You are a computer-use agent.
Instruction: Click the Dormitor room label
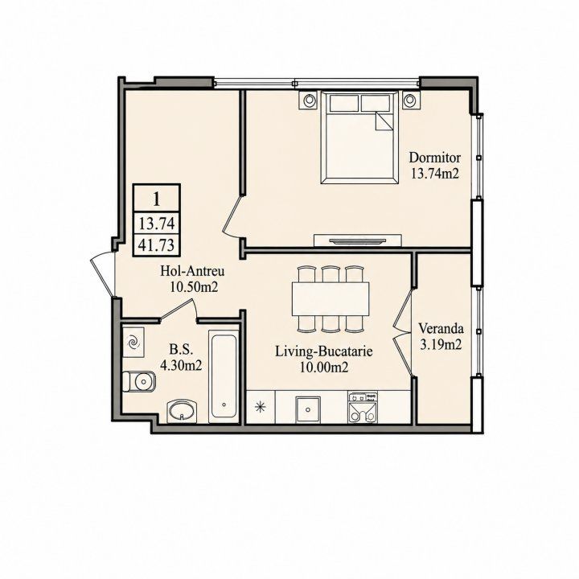tap(434, 158)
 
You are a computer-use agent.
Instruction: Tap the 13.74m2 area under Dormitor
tap(435, 173)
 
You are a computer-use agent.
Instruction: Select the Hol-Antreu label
tap(192, 272)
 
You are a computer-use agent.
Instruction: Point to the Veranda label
tap(441, 328)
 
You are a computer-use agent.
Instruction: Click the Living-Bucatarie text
tap(324, 351)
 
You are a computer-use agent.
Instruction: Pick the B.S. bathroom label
tap(181, 349)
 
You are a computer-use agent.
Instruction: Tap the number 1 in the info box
tap(157, 199)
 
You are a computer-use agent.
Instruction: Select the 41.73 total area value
tap(157, 244)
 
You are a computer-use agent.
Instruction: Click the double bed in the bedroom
tap(359, 137)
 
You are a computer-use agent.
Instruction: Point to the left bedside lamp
tap(310, 100)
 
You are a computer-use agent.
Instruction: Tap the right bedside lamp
tap(410, 100)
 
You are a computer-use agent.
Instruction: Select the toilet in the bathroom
tap(139, 381)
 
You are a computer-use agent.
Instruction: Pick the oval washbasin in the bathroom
tap(182, 412)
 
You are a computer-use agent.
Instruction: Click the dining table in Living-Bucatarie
tap(331, 298)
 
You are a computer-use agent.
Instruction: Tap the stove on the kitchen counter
tap(363, 407)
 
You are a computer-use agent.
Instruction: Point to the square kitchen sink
tap(308, 409)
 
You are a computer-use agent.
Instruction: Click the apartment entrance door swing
tap(103, 273)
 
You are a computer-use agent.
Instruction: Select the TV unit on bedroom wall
tap(357, 240)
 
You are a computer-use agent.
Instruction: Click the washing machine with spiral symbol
tap(133, 342)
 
